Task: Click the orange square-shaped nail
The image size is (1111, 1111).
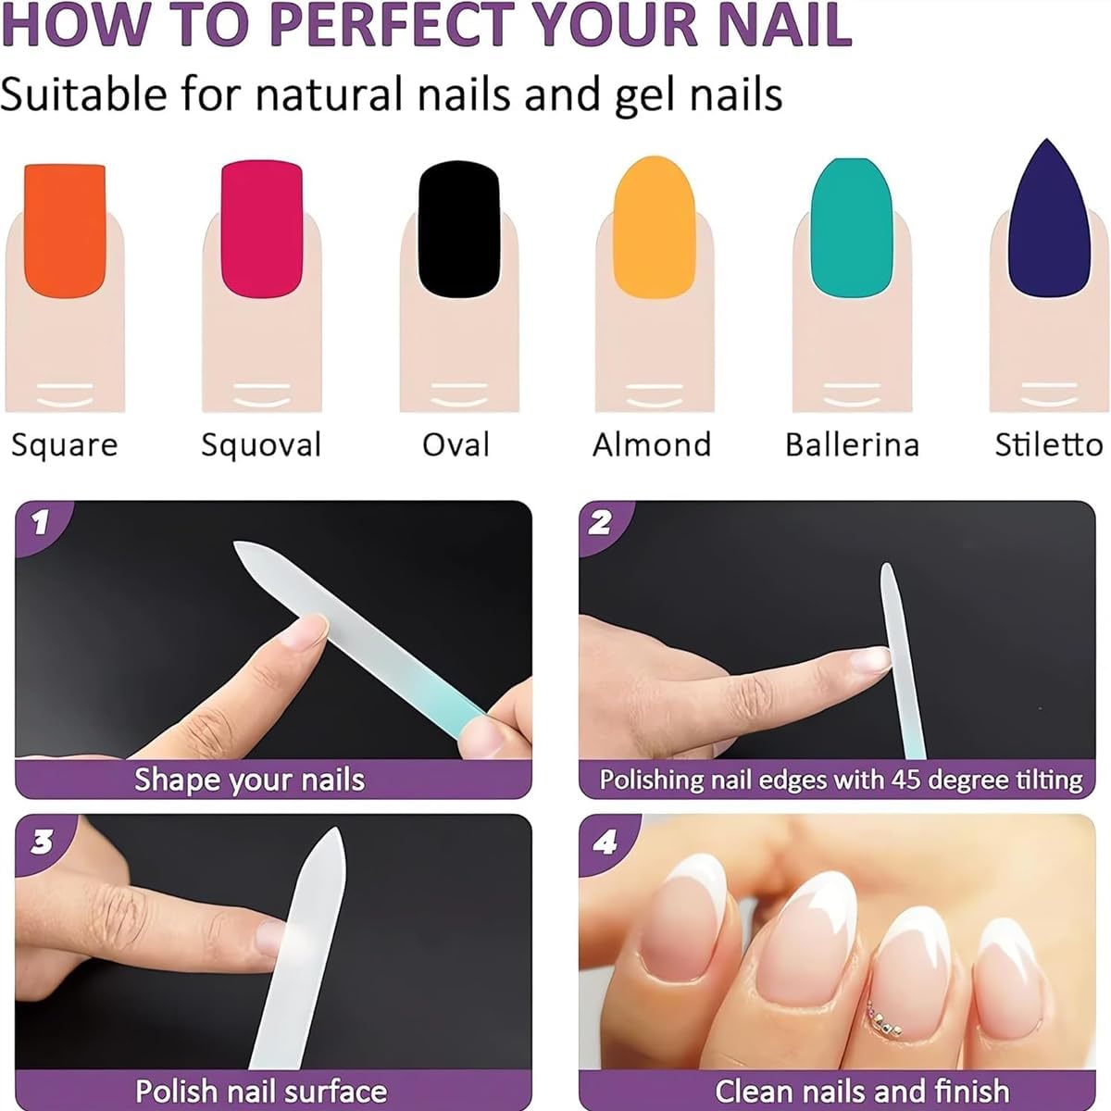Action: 65,231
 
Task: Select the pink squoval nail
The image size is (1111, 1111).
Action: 262,230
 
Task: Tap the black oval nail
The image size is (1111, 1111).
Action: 459,230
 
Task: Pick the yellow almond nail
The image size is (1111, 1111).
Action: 654,227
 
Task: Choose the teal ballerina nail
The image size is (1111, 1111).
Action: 852,227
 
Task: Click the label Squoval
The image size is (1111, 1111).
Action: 261,445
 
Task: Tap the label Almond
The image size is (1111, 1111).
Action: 652,444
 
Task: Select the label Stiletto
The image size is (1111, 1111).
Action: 1049,444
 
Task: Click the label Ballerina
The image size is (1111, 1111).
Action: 852,444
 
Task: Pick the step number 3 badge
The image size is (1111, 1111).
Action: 42,843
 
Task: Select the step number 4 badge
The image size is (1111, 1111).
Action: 605,843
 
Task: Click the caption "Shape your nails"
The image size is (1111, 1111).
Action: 250,780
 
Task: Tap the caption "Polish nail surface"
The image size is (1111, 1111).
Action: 261,1091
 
